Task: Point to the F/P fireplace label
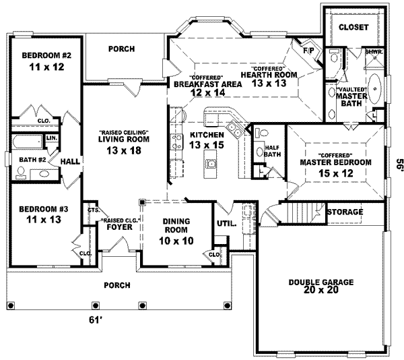pos(310,51)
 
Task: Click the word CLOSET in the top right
pos(353,27)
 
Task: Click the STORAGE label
pos(345,212)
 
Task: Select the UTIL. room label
pos(225,222)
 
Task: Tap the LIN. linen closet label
pos(51,140)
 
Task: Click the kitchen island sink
pos(211,162)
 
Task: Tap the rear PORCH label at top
pos(121,49)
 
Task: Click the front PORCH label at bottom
pos(116,284)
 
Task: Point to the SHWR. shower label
pos(372,51)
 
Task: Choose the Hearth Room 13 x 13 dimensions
pos(270,83)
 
